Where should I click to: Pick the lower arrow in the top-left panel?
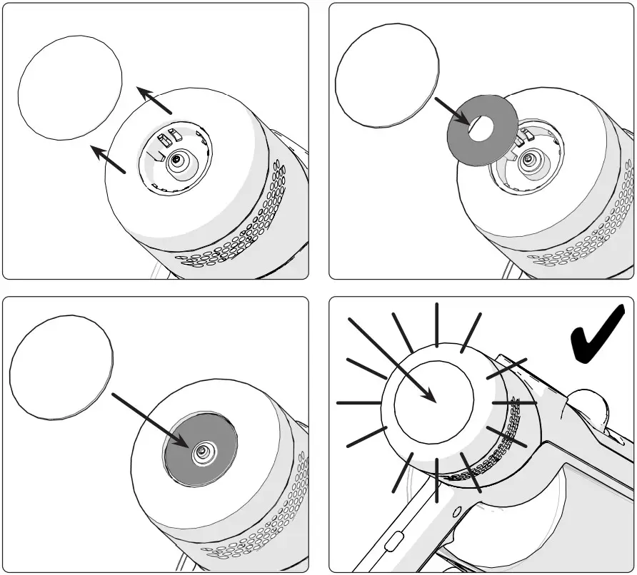coord(109,159)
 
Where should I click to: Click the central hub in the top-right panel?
coord(529,159)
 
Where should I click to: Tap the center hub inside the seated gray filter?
coord(203,450)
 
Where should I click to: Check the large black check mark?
coord(598,335)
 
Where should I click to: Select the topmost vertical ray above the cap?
coord(436,324)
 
